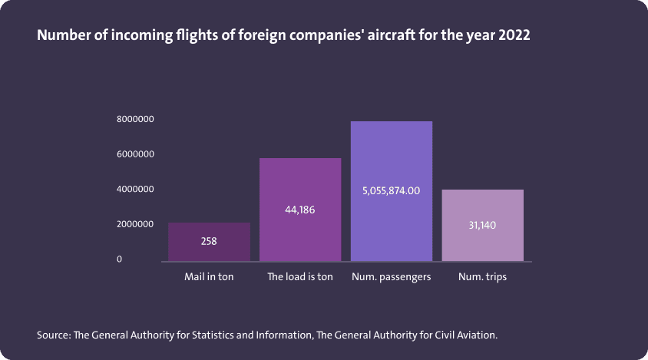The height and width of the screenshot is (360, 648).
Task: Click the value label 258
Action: (x=209, y=241)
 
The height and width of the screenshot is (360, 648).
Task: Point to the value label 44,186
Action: (x=300, y=210)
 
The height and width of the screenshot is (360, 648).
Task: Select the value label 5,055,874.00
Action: (x=392, y=191)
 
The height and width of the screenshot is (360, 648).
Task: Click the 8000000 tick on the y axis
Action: (x=137, y=119)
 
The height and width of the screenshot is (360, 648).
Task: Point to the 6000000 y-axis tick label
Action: (x=137, y=154)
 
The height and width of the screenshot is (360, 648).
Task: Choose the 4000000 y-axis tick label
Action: (x=137, y=189)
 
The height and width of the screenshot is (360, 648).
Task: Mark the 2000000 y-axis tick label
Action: (x=137, y=224)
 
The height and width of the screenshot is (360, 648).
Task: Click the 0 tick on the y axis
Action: (x=120, y=259)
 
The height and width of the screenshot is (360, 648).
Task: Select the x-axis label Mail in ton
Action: (x=209, y=276)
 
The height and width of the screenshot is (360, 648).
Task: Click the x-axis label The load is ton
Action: (x=300, y=276)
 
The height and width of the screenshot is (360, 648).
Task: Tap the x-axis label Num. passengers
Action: (x=392, y=276)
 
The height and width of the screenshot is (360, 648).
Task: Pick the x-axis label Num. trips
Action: (x=483, y=276)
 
